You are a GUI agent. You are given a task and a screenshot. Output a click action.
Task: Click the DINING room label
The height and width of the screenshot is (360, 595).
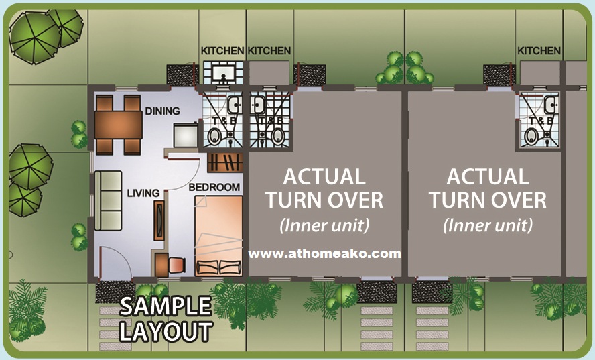162,111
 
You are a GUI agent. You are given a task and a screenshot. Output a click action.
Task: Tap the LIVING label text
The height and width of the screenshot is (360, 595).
143,193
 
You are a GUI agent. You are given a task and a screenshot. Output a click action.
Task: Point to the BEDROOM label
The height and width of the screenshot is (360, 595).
214,187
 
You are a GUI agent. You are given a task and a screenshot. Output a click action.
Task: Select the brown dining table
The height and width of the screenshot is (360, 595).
119,125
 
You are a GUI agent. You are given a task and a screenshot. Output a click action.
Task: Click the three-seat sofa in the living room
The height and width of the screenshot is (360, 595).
108,200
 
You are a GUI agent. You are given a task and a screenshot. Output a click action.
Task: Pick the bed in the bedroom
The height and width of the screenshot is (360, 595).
218,236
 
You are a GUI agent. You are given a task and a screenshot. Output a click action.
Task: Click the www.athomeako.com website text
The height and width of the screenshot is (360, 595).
324,253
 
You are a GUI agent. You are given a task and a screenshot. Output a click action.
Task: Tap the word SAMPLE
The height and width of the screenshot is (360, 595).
166,306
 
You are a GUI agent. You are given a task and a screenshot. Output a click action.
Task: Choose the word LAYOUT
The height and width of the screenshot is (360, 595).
166,331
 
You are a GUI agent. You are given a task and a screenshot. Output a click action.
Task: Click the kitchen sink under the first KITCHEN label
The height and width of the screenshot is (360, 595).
222,73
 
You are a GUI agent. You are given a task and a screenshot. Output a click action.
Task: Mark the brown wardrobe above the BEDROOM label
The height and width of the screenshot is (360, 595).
225,162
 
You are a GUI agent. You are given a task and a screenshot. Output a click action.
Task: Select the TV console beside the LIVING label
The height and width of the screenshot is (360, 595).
159,221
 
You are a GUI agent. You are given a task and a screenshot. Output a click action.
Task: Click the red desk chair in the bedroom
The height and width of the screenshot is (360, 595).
177,265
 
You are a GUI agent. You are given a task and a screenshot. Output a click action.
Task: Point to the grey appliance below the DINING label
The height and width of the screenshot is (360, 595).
186,135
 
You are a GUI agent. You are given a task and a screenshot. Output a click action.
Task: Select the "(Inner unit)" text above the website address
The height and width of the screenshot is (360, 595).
324,225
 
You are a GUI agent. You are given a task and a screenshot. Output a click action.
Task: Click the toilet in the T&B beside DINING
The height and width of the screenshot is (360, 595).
215,136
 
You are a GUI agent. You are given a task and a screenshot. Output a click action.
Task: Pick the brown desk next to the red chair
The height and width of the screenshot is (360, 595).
161,265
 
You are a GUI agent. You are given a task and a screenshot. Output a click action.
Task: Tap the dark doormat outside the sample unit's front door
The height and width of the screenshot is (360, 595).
115,292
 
